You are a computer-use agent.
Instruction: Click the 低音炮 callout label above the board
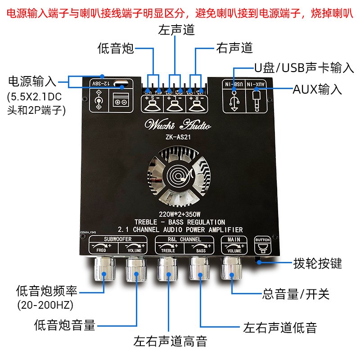pos(116,49)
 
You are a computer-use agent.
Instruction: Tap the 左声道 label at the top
pos(176,31)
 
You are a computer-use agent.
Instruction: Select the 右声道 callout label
pos(234,48)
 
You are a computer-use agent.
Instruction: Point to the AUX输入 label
pos(317,89)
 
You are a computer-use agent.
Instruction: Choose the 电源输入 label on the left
pos(32,81)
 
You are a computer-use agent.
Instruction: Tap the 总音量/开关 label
pos(296,295)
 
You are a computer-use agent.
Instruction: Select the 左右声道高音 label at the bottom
pos(170,341)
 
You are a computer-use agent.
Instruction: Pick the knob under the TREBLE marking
pos(167,271)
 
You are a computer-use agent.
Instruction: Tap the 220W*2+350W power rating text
pos(177,215)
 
